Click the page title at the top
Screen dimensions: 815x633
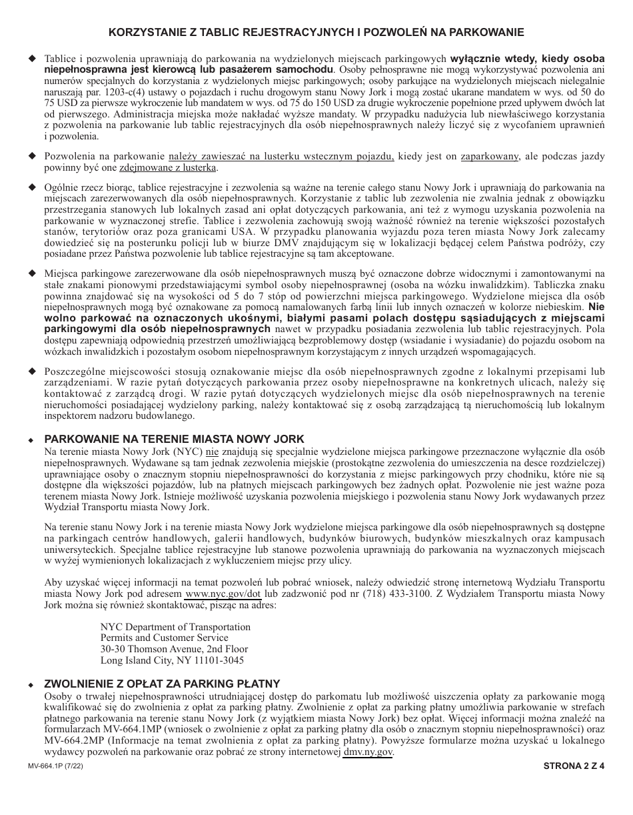316,32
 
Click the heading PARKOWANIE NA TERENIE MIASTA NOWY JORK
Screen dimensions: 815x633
174,439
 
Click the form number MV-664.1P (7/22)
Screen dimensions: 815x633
56,766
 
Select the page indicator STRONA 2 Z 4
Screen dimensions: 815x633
574,766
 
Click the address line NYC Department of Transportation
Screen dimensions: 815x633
175,627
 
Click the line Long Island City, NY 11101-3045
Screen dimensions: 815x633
172,660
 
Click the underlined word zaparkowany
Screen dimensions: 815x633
489,156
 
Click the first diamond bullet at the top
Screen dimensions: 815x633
31,58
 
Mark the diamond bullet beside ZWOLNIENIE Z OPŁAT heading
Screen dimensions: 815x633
31,684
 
